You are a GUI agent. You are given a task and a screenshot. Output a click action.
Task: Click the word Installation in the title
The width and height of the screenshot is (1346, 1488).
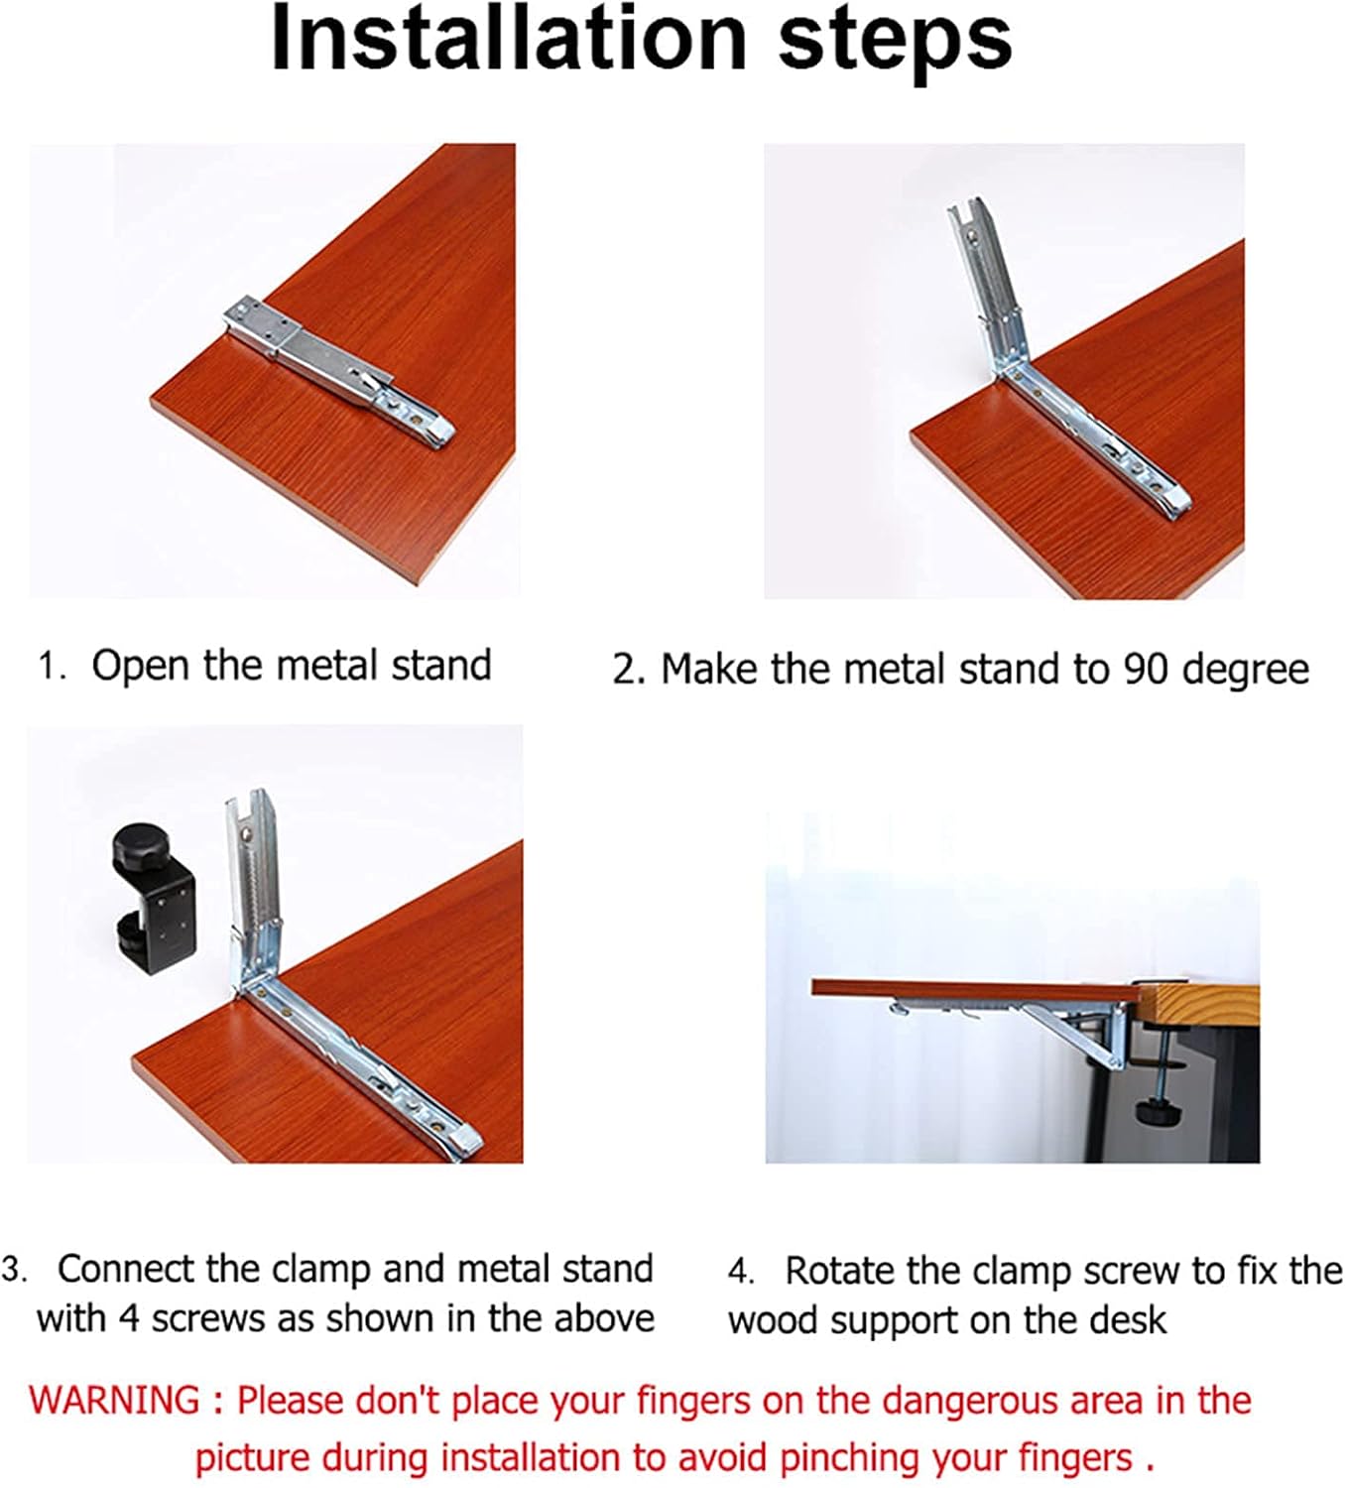tap(507, 40)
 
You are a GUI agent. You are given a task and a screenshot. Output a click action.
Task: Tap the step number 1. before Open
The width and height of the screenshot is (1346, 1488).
tap(51, 666)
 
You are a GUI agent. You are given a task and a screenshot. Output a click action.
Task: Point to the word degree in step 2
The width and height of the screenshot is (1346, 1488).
tap(1246, 671)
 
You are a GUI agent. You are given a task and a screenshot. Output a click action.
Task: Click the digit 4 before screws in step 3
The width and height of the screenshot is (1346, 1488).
tap(129, 1319)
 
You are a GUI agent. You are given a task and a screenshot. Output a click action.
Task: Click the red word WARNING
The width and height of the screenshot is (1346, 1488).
tap(114, 1401)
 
